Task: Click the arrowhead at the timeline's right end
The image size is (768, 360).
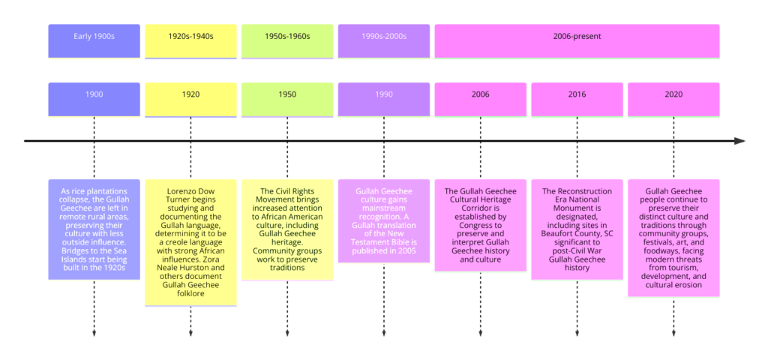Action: [739, 141]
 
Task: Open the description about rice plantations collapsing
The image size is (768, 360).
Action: [94, 229]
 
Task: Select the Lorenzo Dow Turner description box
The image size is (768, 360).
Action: [190, 241]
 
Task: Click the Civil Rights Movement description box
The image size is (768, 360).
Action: [287, 229]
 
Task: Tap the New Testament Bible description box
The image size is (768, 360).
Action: [384, 220]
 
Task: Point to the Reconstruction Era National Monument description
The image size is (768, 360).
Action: [577, 229]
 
